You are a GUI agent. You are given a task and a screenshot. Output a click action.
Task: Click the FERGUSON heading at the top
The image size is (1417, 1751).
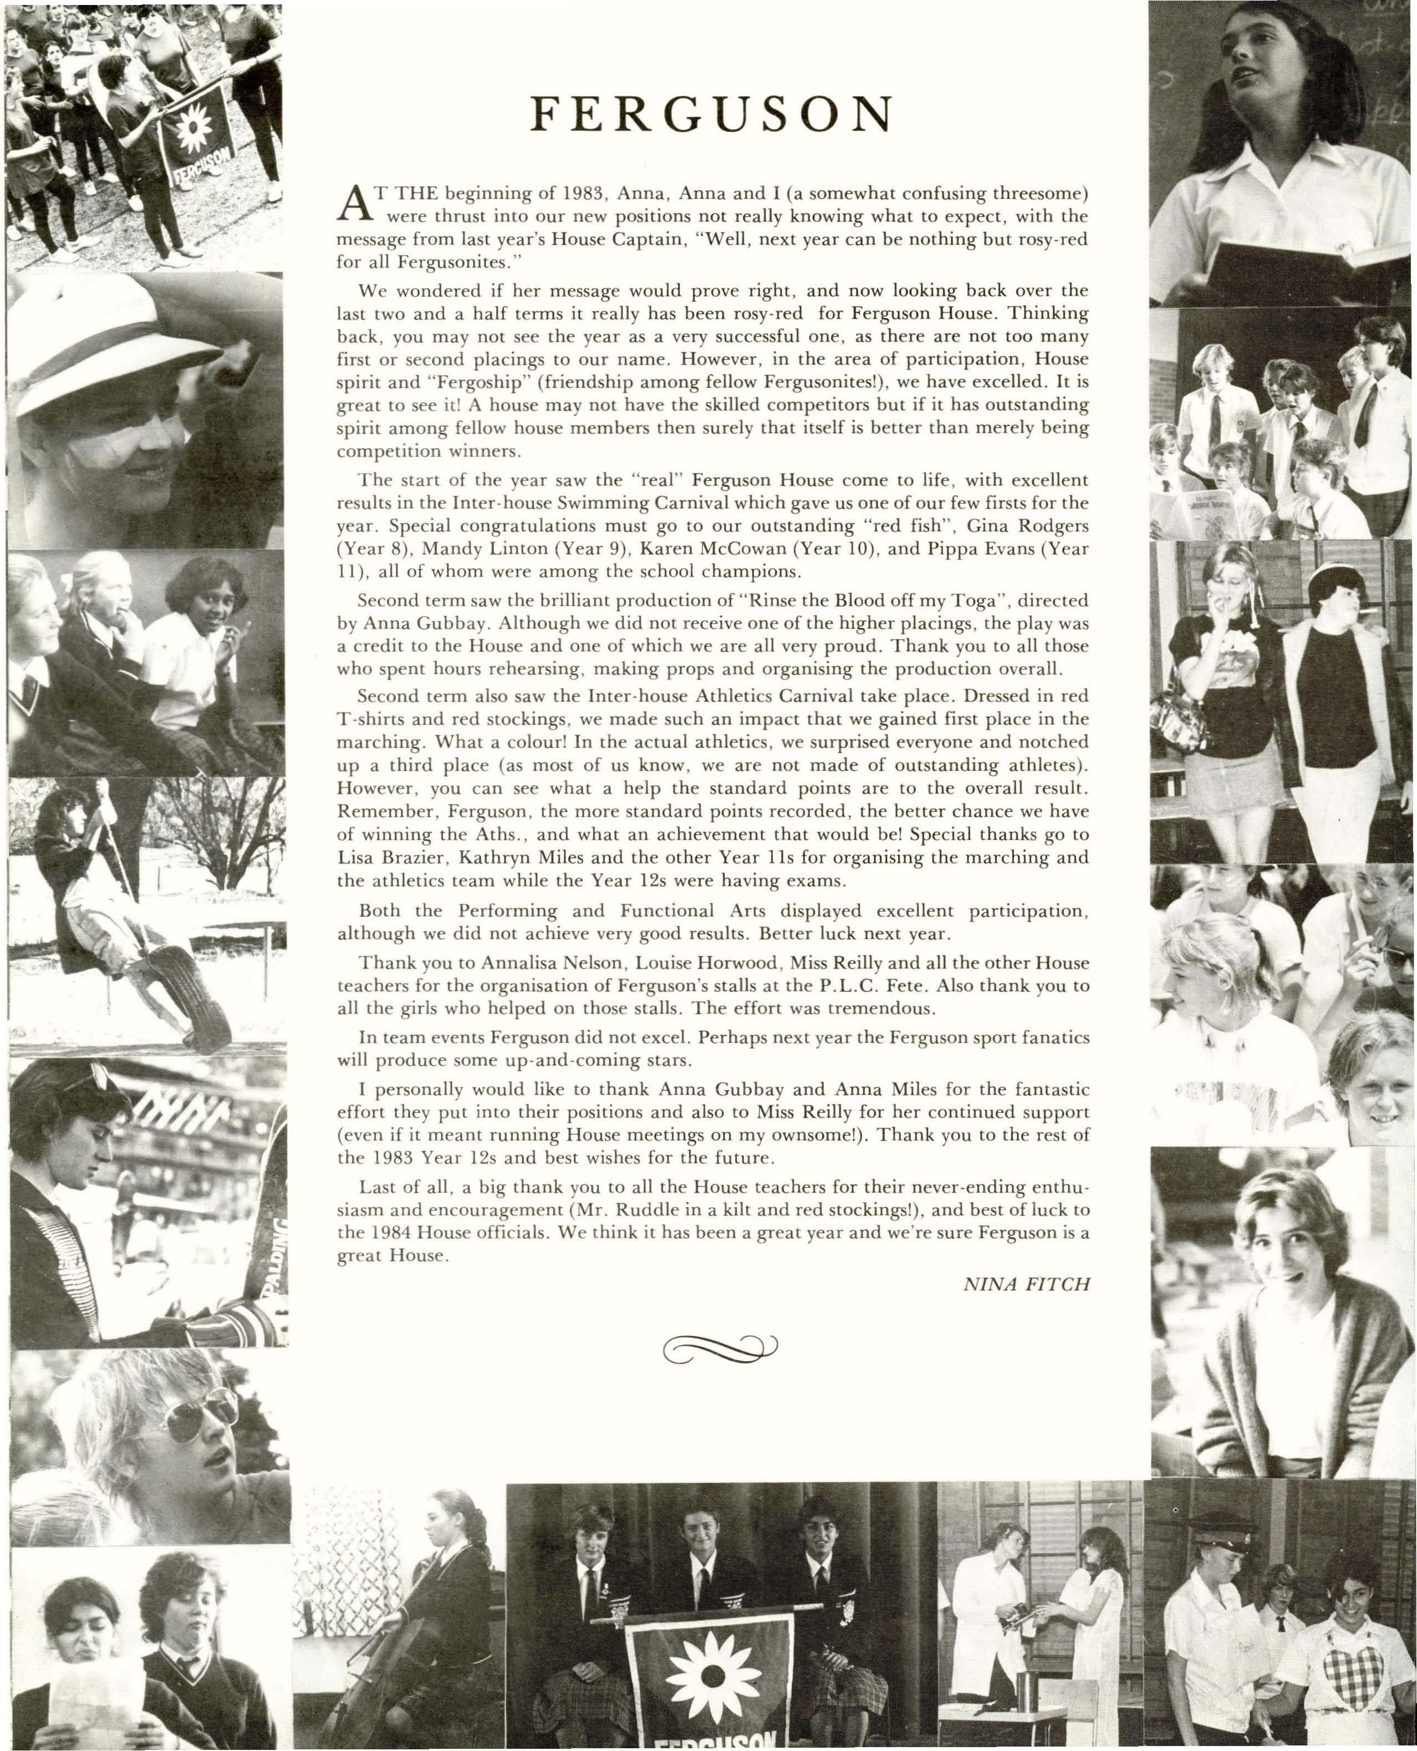tap(708, 115)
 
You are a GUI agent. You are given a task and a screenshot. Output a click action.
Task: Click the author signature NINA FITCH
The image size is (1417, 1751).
tap(1026, 1284)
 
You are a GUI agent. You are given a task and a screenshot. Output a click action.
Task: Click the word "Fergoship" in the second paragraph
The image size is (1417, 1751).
tap(430, 381)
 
